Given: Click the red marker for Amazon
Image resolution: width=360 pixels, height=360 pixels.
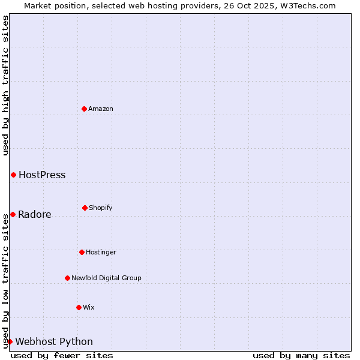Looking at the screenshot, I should [84, 109].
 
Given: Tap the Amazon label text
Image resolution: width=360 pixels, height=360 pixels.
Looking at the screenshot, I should [101, 109].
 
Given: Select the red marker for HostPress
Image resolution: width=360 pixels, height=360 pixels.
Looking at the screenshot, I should [13, 175].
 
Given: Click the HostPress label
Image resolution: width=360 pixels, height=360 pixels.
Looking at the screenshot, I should [42, 175].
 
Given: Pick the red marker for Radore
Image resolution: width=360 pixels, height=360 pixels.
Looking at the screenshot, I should [13, 214].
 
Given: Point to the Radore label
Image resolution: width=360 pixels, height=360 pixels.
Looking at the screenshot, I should [35, 215].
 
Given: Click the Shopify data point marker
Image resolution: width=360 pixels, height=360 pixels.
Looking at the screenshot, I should [85, 208].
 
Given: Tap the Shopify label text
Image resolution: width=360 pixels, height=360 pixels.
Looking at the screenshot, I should [101, 208].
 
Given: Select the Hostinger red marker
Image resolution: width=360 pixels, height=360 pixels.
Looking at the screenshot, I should [82, 252].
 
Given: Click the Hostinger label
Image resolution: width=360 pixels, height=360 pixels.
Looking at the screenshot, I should [101, 252].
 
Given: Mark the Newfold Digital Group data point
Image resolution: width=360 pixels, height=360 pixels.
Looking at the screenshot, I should [67, 278].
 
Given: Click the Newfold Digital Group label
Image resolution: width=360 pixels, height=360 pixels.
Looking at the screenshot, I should [106, 278].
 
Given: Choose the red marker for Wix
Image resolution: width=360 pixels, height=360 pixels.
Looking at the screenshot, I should [79, 307].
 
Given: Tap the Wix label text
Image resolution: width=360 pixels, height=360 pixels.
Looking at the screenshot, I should [89, 307].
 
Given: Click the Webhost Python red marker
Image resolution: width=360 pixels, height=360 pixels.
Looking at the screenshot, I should [10, 341].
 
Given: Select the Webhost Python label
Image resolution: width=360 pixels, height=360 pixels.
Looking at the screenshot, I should [54, 342].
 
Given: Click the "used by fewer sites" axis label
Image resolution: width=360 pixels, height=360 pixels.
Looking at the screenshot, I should [62, 355].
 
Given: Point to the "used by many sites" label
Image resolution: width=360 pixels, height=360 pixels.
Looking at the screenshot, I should [301, 355].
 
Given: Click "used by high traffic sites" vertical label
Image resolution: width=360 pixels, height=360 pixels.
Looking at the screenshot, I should [5, 85].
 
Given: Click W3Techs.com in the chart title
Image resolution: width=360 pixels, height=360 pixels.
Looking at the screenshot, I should [306, 5].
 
